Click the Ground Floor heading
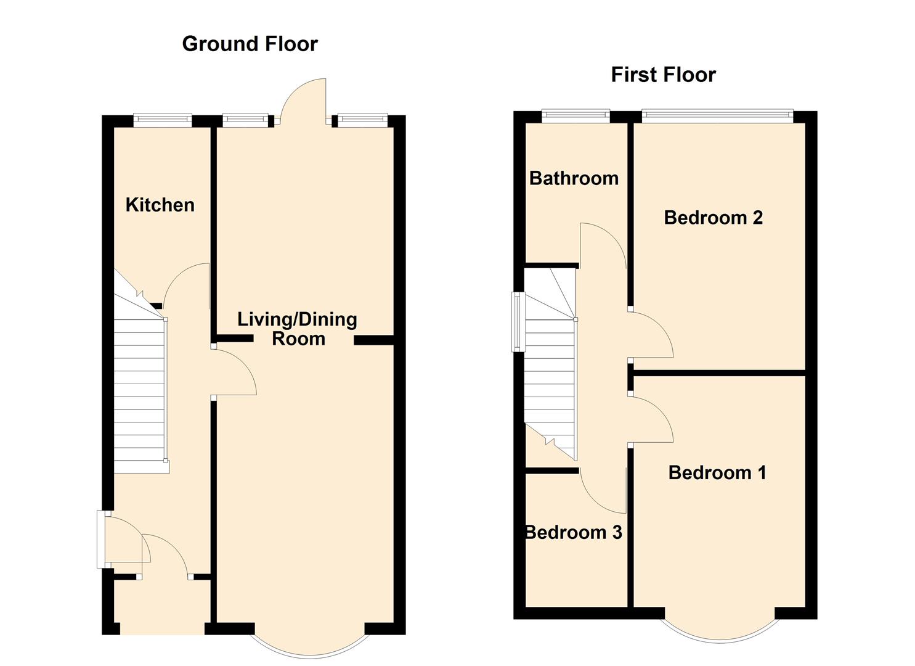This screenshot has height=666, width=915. pos(250,44)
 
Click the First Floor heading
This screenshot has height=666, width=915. pos(664,75)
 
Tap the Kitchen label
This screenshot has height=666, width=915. pos(160,205)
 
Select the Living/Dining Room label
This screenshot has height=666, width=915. pos(298,329)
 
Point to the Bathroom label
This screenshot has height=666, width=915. pos(574,178)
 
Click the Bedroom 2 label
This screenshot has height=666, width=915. pos(714,218)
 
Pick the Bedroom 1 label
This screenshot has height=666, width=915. pos(717,472)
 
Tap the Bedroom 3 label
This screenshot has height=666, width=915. pos(574,532)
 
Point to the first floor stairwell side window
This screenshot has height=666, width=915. pos(518,322)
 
